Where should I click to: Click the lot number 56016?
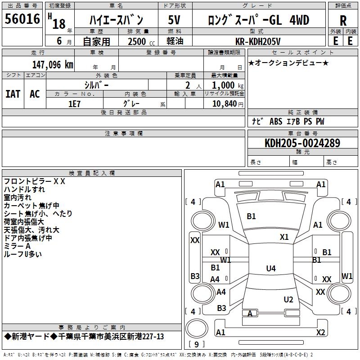tap(23, 19)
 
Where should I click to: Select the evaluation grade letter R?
tap(343, 21)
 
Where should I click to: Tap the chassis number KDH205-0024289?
tap(302, 143)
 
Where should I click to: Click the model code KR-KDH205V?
tap(258, 41)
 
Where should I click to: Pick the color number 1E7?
tap(74, 103)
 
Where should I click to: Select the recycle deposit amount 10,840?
tap(224, 103)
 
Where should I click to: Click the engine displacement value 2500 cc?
tap(139, 41)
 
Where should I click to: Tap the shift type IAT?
tap(13, 94)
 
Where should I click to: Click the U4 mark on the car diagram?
tap(270, 269)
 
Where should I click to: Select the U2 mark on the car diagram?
tap(288, 299)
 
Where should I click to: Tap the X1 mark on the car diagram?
tap(284, 237)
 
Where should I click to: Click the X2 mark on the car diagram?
tap(320, 333)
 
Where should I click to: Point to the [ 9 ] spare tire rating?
tap(196, 344)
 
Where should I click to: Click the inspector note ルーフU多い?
tap(22, 254)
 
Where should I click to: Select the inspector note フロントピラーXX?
tap(35, 181)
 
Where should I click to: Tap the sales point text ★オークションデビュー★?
tap(288, 63)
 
